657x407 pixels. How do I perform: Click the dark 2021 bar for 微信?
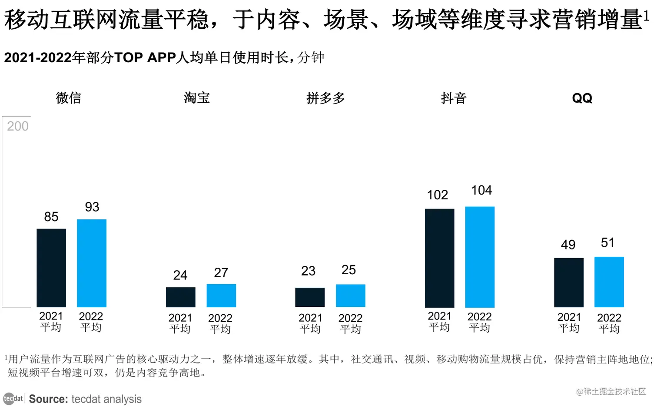(51, 268)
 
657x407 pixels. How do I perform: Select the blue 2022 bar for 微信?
(92, 263)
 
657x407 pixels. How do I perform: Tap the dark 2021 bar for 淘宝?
(180, 297)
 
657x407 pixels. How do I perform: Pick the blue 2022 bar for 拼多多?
(350, 296)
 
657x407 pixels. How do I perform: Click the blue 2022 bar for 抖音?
(480, 257)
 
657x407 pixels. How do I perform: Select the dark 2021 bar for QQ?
(569, 283)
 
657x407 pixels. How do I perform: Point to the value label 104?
(481, 190)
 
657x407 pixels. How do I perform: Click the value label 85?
(51, 217)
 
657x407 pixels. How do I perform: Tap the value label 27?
(221, 273)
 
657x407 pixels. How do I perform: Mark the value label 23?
(308, 271)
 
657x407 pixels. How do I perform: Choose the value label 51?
(607, 243)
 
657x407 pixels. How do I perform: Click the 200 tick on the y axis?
(18, 126)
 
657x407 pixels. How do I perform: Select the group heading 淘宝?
(197, 98)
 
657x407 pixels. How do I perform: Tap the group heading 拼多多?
(325, 98)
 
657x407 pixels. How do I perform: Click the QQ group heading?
(582, 98)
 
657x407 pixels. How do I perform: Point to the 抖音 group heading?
(453, 98)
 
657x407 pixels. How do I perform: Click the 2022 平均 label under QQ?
(609, 323)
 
